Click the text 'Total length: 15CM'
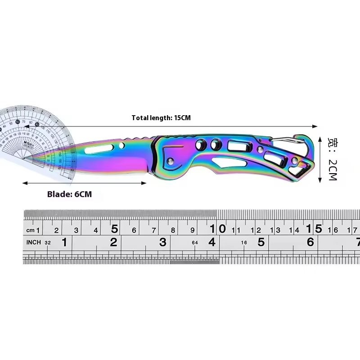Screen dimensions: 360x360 coord(161,118)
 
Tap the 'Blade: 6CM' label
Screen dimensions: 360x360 coord(69,194)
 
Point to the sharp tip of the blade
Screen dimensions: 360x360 coord(27,159)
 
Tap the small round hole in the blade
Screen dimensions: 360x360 coord(122,145)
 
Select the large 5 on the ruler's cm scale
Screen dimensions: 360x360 coord(115,229)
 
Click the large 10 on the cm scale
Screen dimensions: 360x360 coord(222,229)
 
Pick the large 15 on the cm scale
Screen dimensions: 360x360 coord(318,229)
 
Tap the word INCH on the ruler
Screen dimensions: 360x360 coord(34,243)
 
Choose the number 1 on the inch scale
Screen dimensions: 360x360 coord(64,243)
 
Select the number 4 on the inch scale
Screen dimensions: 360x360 coord(211,242)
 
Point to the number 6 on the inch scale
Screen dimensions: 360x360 coord(310,242)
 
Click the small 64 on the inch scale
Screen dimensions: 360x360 coord(194,243)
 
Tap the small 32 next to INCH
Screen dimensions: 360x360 coord(48,243)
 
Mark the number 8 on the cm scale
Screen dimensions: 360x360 coord(173,230)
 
